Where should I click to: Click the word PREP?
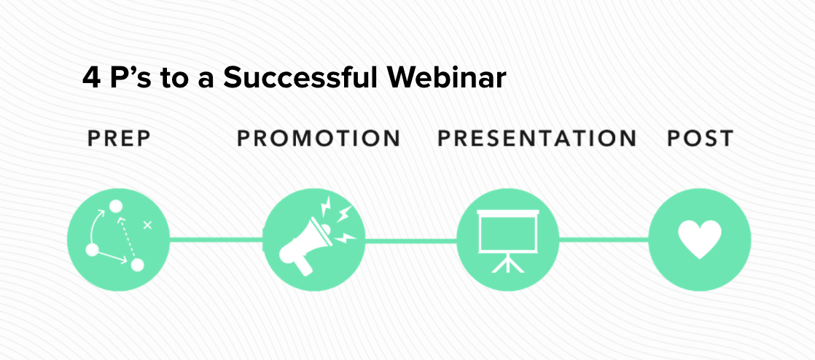point(119,138)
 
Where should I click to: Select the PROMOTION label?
point(319,138)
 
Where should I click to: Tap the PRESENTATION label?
point(537,138)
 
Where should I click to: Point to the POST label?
point(700,138)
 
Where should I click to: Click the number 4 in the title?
point(91,79)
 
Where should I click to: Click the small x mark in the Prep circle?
point(147,225)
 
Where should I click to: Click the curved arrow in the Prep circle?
point(95,225)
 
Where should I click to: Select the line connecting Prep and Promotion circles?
point(217,240)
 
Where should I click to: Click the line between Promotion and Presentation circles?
point(410,240)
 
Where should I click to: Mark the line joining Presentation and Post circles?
point(604,240)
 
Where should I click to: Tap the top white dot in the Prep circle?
point(115,206)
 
